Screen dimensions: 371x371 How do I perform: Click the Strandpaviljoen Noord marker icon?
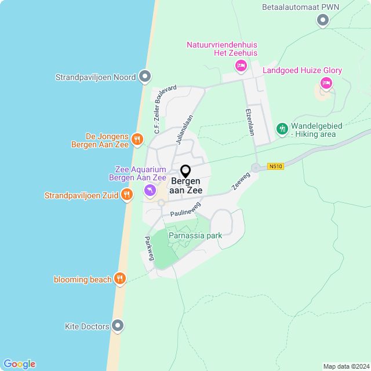click(145, 77)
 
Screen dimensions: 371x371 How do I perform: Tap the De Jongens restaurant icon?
click(137, 139)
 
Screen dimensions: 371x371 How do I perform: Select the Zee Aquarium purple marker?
click(150, 190)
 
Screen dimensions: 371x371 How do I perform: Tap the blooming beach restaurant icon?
click(120, 279)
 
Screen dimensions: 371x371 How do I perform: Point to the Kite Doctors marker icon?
click(118, 326)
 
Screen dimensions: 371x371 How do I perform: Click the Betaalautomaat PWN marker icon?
click(323, 20)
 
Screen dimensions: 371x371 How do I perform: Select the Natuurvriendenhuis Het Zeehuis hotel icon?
click(241, 66)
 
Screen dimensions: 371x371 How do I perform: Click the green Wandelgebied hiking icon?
click(282, 128)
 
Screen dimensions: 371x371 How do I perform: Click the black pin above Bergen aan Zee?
click(185, 172)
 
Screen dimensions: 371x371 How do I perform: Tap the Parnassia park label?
click(195, 236)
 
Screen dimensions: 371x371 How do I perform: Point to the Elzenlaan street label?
click(250, 122)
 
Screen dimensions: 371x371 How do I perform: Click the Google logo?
click(19, 364)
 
